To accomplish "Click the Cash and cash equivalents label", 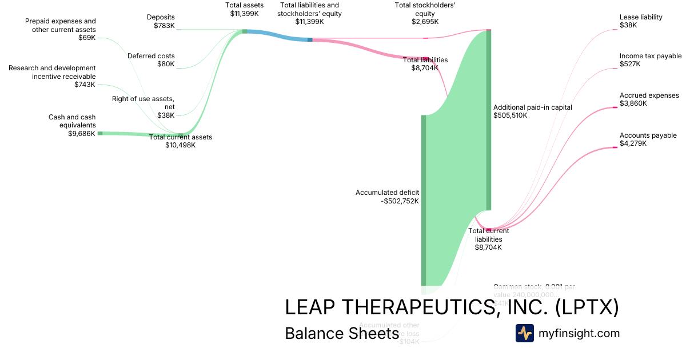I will pyautogui.click(x=72, y=121).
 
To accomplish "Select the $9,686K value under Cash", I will pyautogui.click(x=81, y=134).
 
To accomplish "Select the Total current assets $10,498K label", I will pyautogui.click(x=180, y=141).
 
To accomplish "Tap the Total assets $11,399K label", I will pyautogui.click(x=244, y=9).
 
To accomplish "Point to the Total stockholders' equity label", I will pyautogui.click(x=425, y=13).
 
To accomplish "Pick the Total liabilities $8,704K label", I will pyautogui.click(x=425, y=63).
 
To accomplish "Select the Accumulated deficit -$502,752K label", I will pyautogui.click(x=387, y=197).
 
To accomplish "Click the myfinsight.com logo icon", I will pyautogui.click(x=524, y=333).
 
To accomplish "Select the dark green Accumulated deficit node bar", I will pyautogui.click(x=424, y=200).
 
